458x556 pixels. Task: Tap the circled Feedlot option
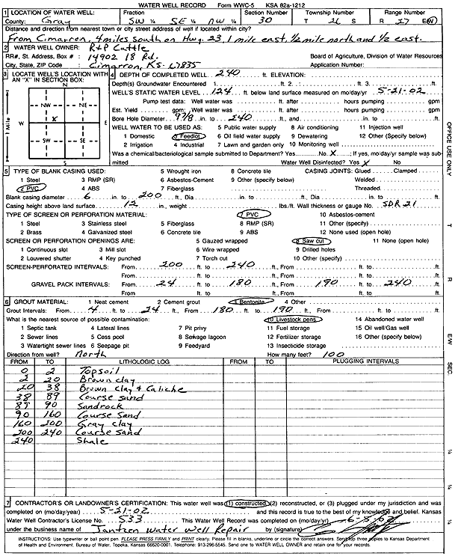click(x=185, y=138)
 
